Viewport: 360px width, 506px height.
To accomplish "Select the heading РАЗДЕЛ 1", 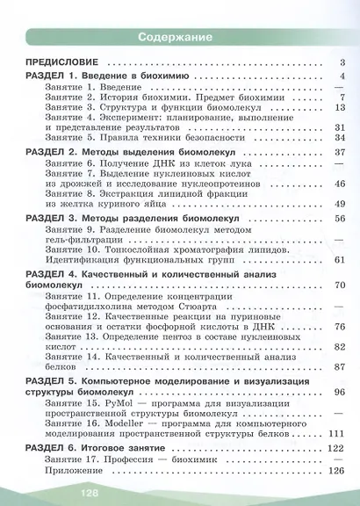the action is pos(52,78).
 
